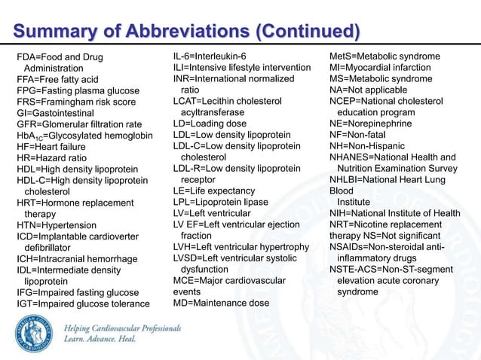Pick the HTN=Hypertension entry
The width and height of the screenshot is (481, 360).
coord(57,225)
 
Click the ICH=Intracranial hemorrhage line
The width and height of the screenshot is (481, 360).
coord(77,258)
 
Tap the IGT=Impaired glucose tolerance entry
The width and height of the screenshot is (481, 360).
coord(83,304)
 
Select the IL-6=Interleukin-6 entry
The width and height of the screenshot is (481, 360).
coord(210,56)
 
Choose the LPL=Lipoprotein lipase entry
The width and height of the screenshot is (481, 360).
coord(221,203)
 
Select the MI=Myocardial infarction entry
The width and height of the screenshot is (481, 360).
coord(384,68)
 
